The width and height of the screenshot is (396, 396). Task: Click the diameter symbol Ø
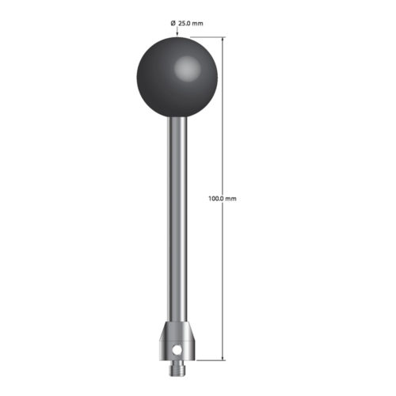click(173, 24)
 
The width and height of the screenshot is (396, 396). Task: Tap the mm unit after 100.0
click(230, 198)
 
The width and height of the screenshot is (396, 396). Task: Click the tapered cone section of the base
click(177, 328)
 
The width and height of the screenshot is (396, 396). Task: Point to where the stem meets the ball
click(177, 112)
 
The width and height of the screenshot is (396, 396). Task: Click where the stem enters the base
click(177, 319)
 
